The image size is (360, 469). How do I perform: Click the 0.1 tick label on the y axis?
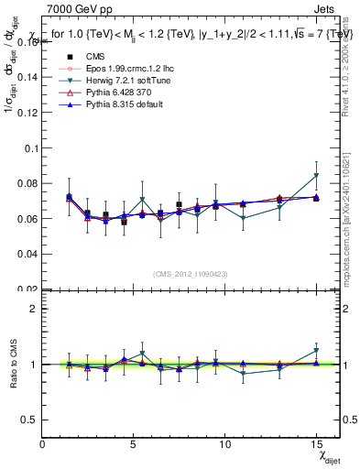[x=31, y=147]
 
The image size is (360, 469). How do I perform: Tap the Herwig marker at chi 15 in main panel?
[x=316, y=175]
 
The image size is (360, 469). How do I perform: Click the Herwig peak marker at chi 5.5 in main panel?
[x=142, y=200]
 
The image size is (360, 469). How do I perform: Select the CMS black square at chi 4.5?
[x=124, y=222]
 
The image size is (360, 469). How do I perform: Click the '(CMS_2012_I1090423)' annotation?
[x=191, y=271]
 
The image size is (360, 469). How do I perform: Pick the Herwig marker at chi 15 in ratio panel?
[x=316, y=350]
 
